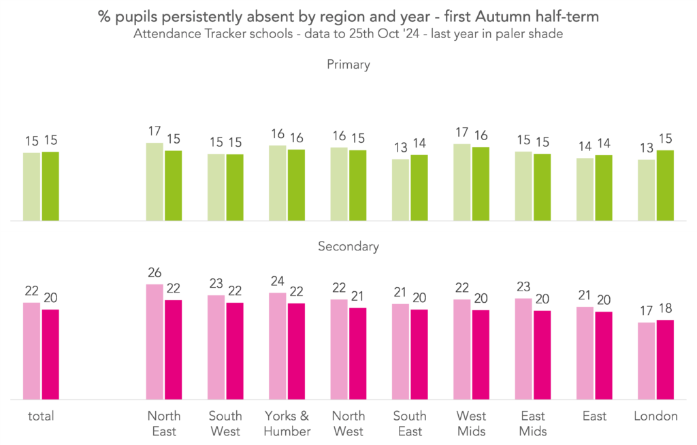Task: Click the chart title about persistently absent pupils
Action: point(348,16)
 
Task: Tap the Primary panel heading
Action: point(348,65)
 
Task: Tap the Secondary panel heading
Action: point(348,246)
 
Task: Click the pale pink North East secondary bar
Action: point(155,342)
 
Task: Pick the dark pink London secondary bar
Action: point(664,360)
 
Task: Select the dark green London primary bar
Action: point(664,186)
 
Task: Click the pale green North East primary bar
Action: point(155,182)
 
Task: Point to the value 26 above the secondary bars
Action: point(155,274)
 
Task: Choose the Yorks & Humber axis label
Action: point(287,423)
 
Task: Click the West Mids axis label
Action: point(471,423)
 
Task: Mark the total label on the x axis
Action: point(41,416)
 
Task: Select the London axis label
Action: point(655,416)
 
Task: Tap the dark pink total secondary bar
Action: point(50,355)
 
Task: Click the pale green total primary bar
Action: point(32,187)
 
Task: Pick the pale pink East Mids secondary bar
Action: point(523,349)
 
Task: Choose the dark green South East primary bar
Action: point(419,188)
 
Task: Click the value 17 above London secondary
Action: point(646,312)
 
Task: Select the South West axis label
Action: point(225,423)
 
